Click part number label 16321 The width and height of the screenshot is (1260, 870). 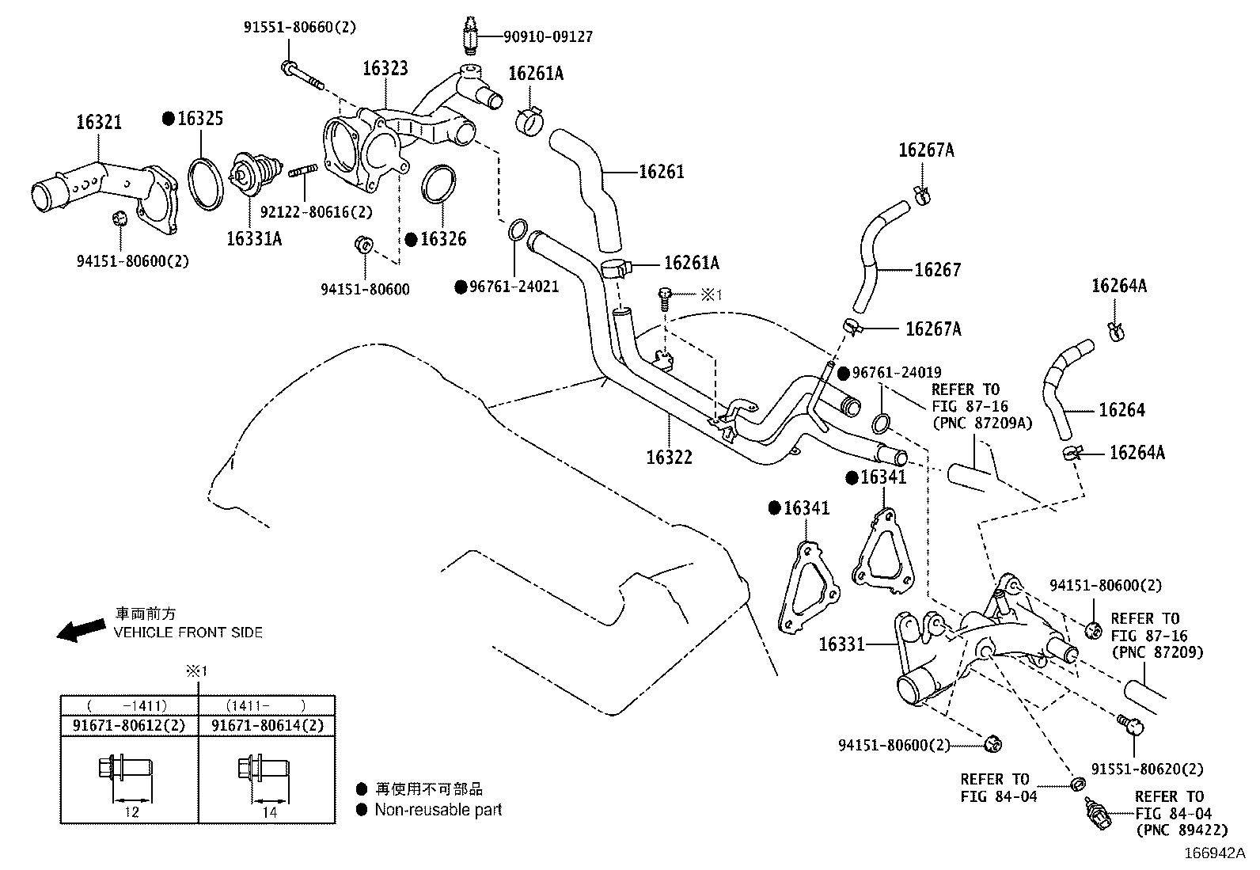[x=99, y=122]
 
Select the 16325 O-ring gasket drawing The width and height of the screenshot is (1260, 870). [x=204, y=184]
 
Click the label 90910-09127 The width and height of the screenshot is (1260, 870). [x=548, y=36]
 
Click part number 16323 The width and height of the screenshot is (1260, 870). [x=385, y=68]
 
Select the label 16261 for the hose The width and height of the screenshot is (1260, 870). [x=661, y=172]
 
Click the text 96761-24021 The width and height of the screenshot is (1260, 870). [x=514, y=287]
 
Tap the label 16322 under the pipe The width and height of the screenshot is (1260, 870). [x=669, y=457]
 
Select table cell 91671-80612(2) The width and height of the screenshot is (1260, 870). [x=130, y=725]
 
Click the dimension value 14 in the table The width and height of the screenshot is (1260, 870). [x=268, y=811]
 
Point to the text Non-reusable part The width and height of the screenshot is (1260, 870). [x=438, y=810]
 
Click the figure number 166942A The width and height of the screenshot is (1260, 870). [x=1214, y=853]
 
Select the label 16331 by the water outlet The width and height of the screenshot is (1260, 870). [x=841, y=644]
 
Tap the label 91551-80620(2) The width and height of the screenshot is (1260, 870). [x=1147, y=769]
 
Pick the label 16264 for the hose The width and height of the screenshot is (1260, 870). [x=1121, y=410]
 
